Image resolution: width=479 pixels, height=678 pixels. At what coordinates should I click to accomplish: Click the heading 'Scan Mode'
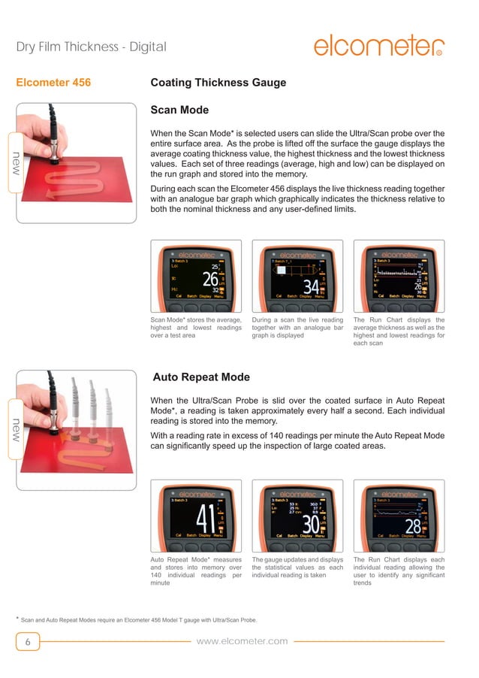click(x=179, y=110)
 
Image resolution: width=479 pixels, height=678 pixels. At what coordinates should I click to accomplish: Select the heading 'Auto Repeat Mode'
click(x=200, y=377)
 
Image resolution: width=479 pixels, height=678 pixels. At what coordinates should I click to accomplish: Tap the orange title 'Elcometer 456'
click(x=53, y=83)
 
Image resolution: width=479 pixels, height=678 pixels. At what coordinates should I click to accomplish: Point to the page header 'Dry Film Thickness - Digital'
click(x=91, y=47)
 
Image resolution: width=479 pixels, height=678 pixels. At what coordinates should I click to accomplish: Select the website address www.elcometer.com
click(x=242, y=640)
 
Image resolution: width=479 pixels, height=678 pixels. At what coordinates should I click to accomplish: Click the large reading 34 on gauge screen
click(x=309, y=286)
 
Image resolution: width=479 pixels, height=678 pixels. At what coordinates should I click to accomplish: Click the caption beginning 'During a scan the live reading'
click(x=297, y=328)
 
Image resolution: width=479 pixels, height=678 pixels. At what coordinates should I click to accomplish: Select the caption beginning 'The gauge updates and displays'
click(x=297, y=568)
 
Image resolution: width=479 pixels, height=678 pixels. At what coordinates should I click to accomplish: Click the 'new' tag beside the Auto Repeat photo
click(x=10, y=429)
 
